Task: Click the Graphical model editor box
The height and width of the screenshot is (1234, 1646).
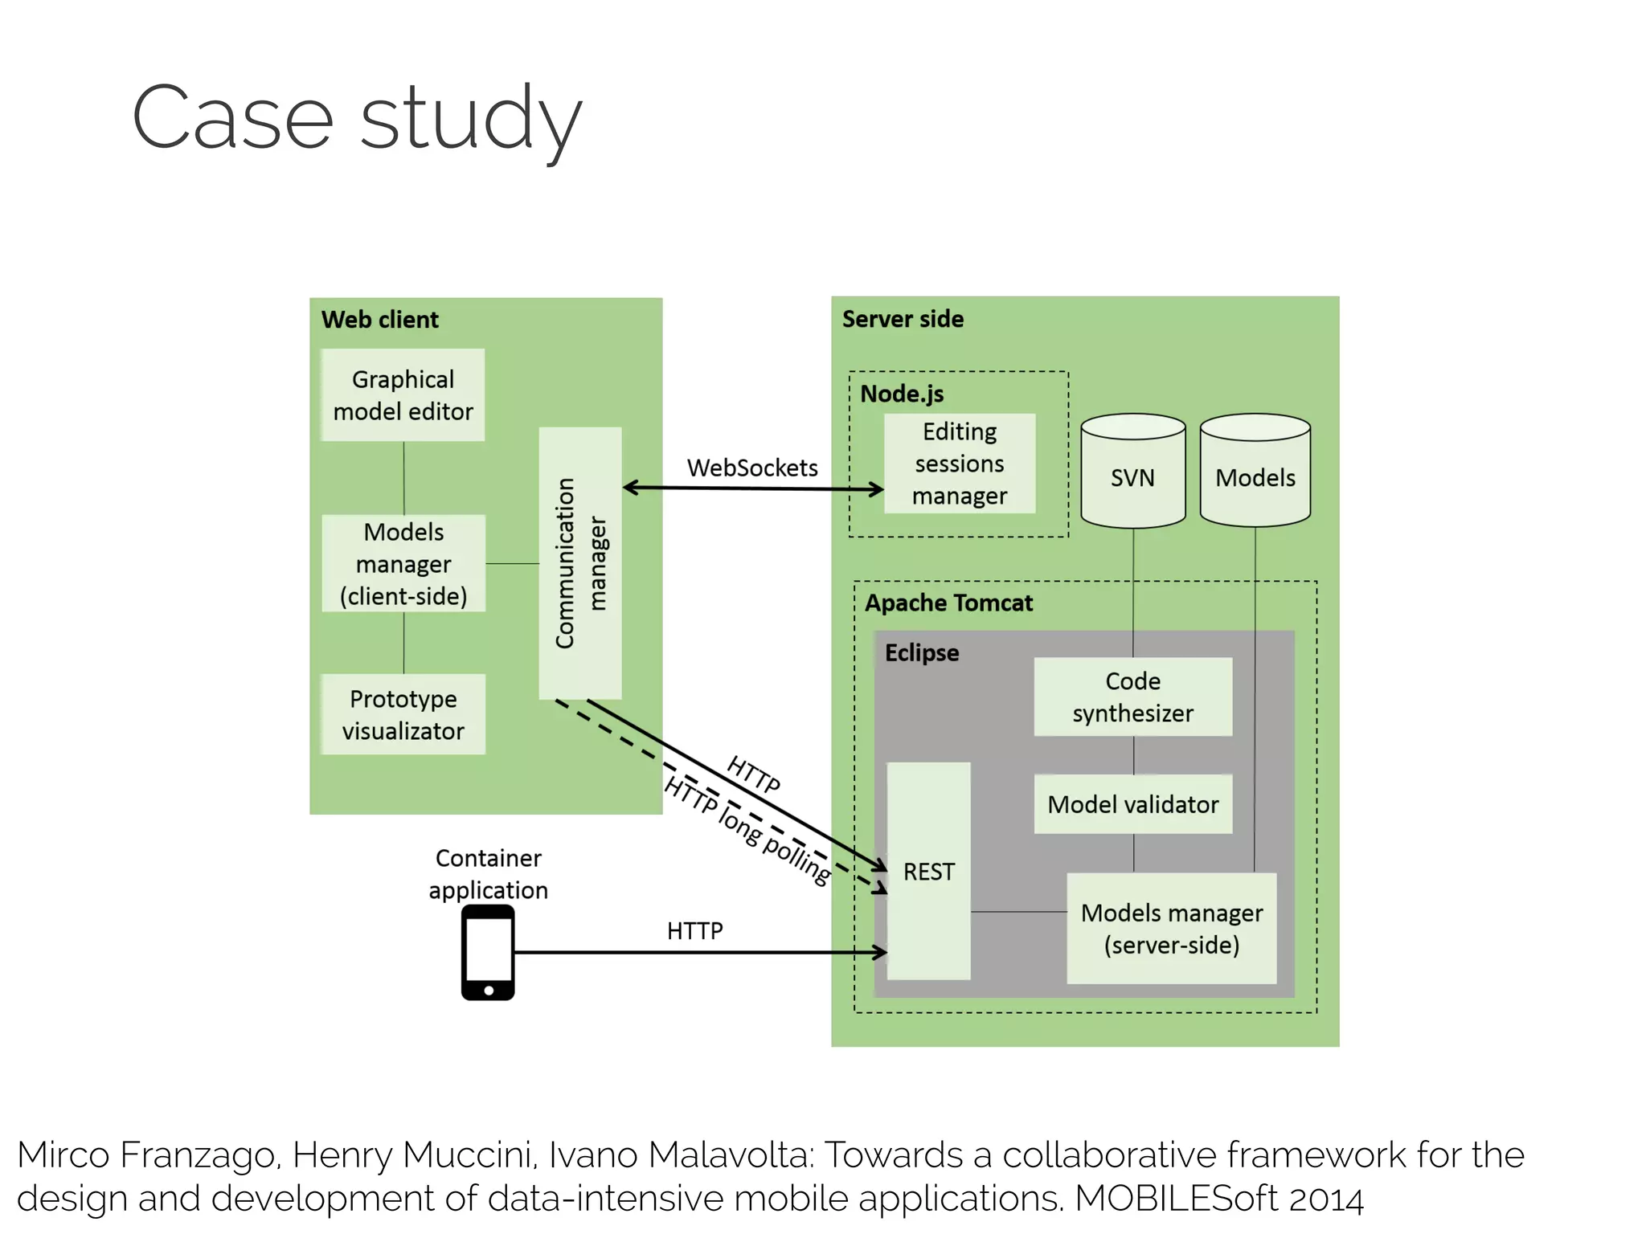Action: pyautogui.click(x=403, y=394)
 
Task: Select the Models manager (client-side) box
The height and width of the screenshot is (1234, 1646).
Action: pyautogui.click(x=403, y=564)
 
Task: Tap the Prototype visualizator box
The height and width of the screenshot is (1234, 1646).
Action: pyautogui.click(x=403, y=714)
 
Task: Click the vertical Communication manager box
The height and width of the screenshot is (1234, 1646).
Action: pyautogui.click(x=580, y=563)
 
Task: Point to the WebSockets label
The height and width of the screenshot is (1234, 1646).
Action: pyautogui.click(x=752, y=468)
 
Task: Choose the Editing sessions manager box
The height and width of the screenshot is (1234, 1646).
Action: pyautogui.click(x=960, y=464)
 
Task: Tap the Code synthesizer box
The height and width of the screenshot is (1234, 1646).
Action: pyautogui.click(x=1132, y=697)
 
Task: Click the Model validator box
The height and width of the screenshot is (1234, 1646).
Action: pyautogui.click(x=1132, y=804)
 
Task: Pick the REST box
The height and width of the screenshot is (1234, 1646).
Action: pyautogui.click(x=928, y=871)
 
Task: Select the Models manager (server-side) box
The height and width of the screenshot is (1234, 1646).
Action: pyautogui.click(x=1171, y=929)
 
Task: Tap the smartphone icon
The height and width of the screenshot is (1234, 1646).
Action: pyautogui.click(x=488, y=953)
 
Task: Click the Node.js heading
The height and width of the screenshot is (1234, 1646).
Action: pyautogui.click(x=902, y=394)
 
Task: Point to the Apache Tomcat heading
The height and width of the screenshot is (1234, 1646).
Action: pyautogui.click(x=948, y=603)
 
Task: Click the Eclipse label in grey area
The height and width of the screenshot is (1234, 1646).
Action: pyautogui.click(x=922, y=652)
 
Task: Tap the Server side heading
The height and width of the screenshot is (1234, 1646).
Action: pyautogui.click(x=903, y=319)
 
